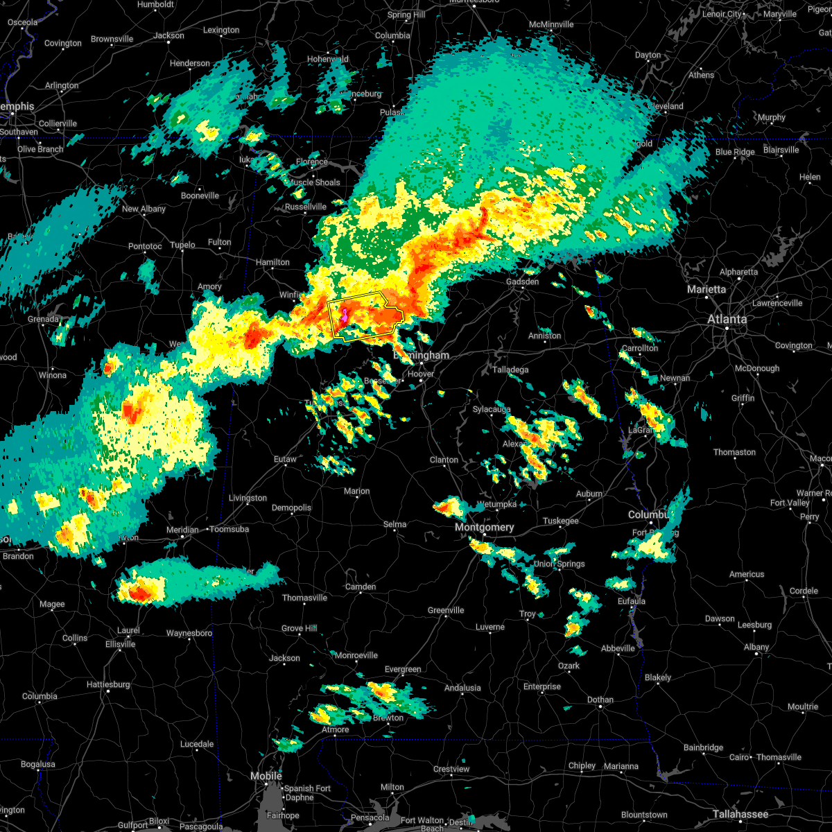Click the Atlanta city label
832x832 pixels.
[727, 320]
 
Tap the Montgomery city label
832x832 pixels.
[485, 528]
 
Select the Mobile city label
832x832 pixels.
[266, 776]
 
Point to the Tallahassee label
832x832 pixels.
[740, 814]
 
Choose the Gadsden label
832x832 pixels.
[522, 281]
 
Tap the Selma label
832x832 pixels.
[395, 524]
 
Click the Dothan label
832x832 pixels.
[600, 700]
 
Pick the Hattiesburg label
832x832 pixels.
[108, 684]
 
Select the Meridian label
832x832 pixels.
[182, 530]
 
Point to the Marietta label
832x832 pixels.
[707, 289]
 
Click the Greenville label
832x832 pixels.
[446, 610]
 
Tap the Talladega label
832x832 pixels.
[510, 370]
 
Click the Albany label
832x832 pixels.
[756, 647]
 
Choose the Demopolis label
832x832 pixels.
[291, 508]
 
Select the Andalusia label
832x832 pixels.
[462, 688]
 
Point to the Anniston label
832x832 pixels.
[544, 336]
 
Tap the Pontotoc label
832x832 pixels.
[145, 246]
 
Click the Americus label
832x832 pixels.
[747, 574]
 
